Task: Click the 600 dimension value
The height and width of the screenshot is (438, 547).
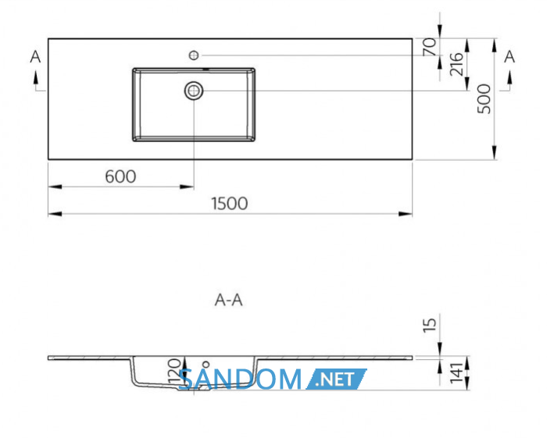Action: (x=120, y=176)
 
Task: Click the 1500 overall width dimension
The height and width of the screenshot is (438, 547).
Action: (x=230, y=204)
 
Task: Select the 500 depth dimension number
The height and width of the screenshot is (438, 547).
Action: (x=484, y=99)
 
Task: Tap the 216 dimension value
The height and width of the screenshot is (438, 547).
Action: (x=456, y=64)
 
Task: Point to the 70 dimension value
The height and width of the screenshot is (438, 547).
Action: (x=430, y=47)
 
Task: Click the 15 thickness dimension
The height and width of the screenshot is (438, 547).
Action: (x=430, y=325)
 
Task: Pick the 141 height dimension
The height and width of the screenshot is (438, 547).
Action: (x=456, y=373)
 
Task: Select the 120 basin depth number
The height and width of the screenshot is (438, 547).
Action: (x=174, y=371)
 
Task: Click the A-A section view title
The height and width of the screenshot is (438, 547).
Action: (x=228, y=300)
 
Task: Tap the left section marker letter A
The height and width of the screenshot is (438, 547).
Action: (x=35, y=56)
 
